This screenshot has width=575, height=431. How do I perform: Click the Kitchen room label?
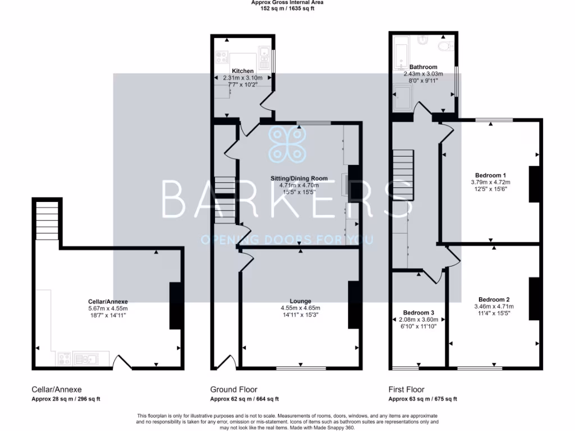(x=243, y=71)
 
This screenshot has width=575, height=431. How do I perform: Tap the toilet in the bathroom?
(x=447, y=45)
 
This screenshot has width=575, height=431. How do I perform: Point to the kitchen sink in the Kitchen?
(x=263, y=54)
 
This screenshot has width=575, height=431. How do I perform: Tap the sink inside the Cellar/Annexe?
(x=86, y=358)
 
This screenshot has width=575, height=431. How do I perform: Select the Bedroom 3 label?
(x=418, y=312)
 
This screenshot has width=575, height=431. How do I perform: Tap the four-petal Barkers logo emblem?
(x=287, y=144)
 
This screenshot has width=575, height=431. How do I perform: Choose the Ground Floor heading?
(x=234, y=389)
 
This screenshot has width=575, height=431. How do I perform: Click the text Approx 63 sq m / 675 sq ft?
(x=422, y=399)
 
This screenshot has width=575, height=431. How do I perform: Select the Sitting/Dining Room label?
(x=300, y=178)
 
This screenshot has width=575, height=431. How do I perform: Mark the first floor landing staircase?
(x=403, y=175)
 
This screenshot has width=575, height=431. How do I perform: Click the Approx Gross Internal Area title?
(x=287, y=3)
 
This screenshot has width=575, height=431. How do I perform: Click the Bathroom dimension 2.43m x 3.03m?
(x=423, y=74)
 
